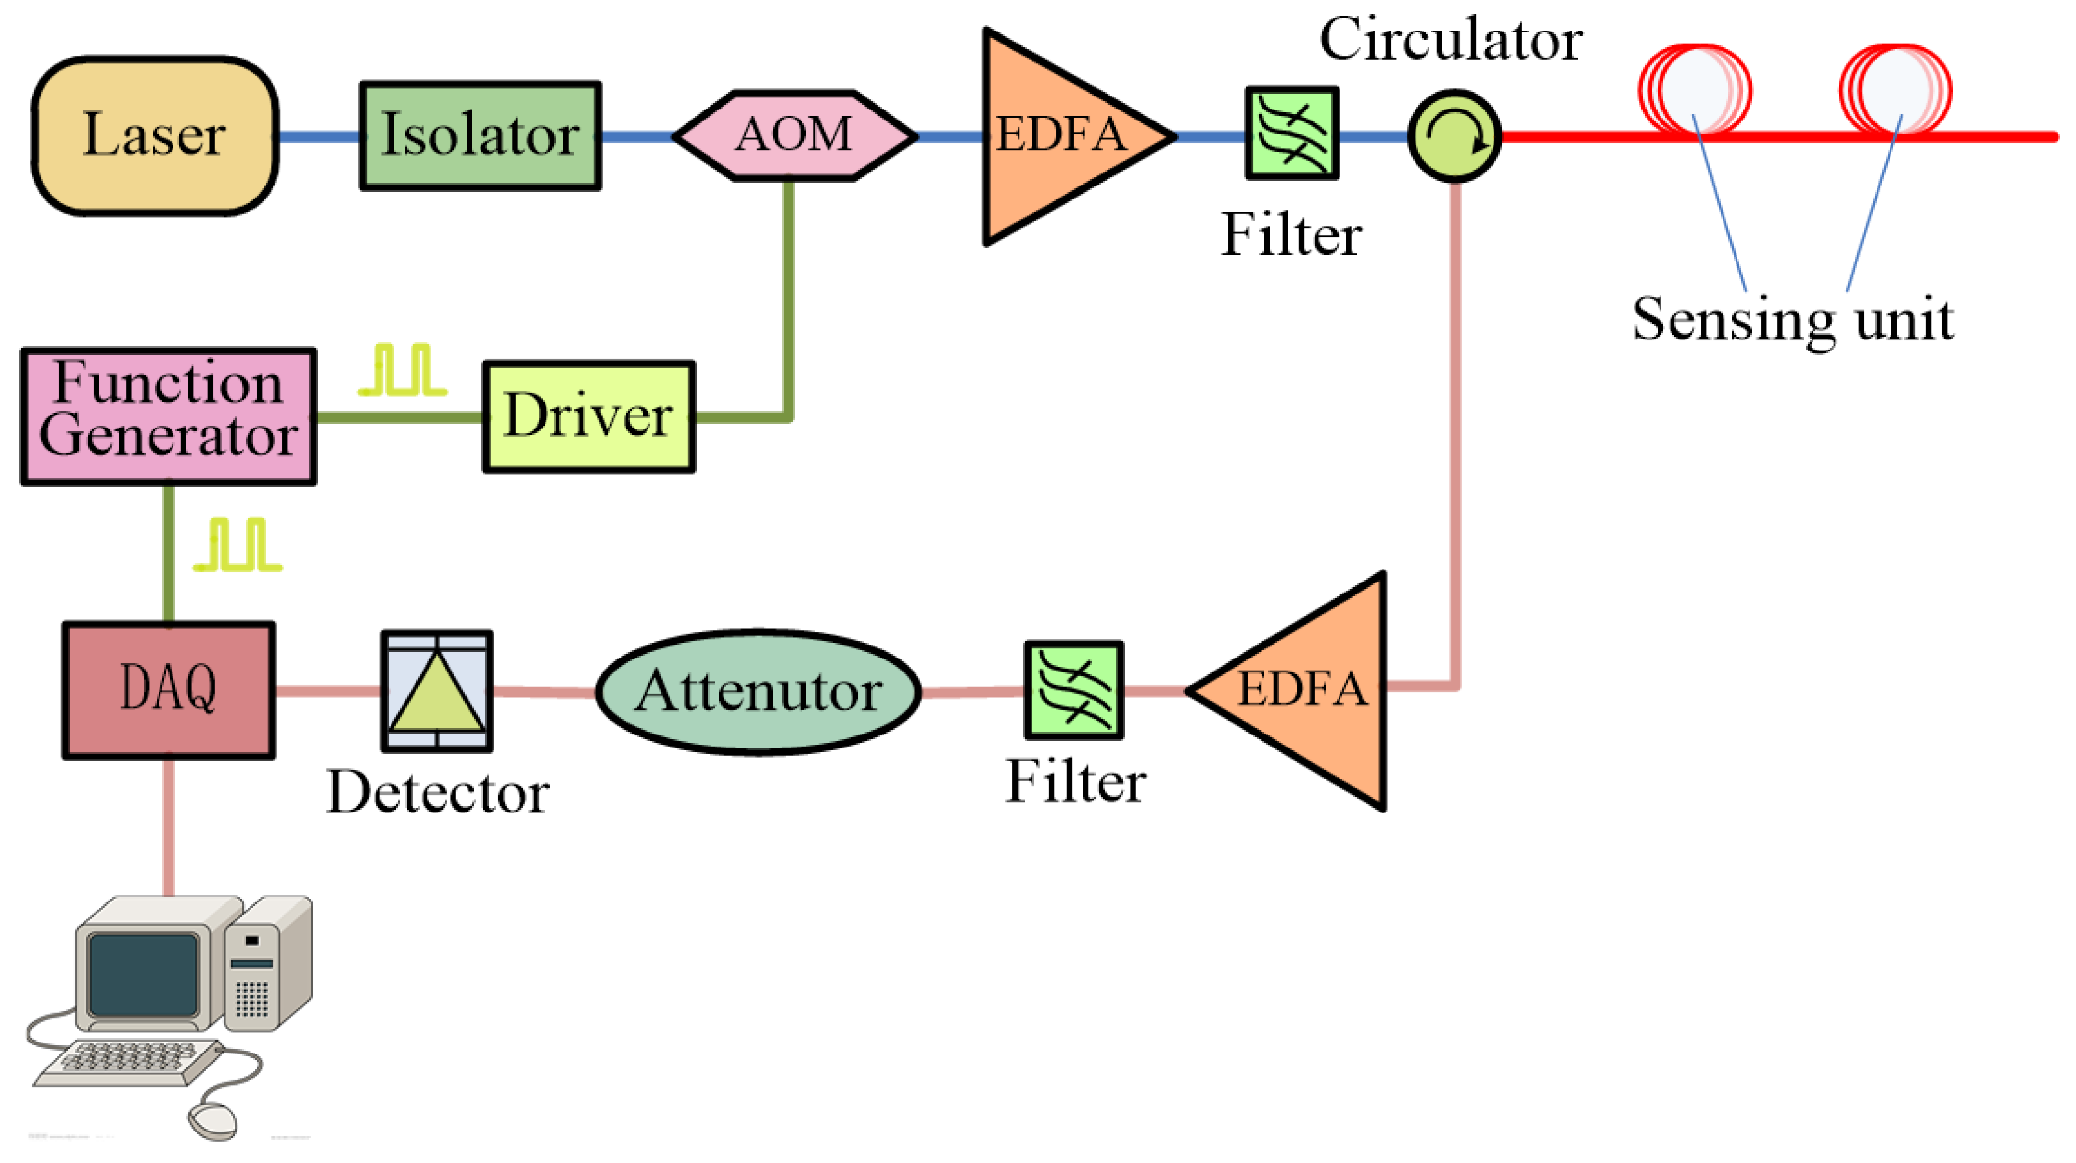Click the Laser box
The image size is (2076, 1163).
pos(154,135)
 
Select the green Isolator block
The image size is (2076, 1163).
pos(480,135)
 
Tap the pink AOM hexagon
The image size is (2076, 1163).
pos(794,134)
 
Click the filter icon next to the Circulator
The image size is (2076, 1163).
pos(1292,134)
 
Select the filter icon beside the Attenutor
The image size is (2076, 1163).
pos(1073,691)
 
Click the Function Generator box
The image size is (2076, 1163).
pos(168,416)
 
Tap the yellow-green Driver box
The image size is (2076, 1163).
pos(588,416)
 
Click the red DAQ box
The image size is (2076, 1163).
pos(168,691)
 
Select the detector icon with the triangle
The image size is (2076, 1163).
pos(437,691)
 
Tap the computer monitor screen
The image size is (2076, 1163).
pos(144,975)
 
